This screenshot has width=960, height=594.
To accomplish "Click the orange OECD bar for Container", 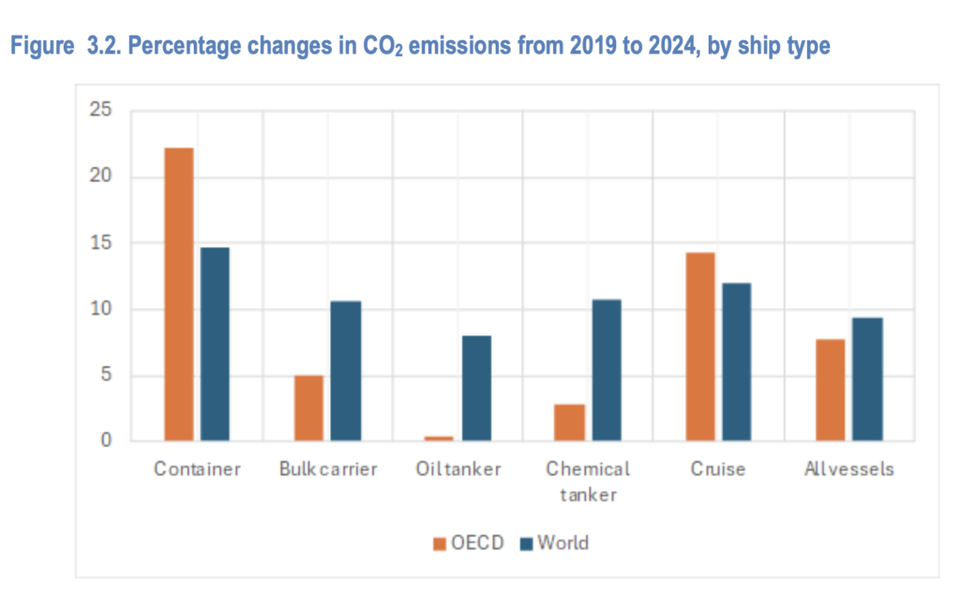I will [x=178, y=294].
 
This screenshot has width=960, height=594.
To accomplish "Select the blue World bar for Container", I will [x=215, y=344].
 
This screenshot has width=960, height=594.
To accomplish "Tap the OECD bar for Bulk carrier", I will [x=308, y=408].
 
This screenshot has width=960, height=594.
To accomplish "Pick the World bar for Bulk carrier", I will [x=345, y=371].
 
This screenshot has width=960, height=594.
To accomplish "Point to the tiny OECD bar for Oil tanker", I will [x=439, y=438].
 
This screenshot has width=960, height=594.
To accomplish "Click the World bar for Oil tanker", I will [x=475, y=388].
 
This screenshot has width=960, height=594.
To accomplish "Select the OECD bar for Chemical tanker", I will [x=569, y=423].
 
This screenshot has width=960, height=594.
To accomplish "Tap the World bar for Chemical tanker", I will [x=606, y=370].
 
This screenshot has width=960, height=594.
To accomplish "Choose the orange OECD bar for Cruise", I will [x=699, y=347].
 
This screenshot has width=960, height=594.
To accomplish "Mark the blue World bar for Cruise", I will [x=736, y=362].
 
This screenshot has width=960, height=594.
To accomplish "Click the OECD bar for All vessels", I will [x=830, y=390].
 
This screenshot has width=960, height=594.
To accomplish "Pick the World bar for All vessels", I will [x=866, y=379].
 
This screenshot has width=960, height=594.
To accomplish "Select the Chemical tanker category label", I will [x=588, y=481].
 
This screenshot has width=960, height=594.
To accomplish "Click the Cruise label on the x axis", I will [x=717, y=468].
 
